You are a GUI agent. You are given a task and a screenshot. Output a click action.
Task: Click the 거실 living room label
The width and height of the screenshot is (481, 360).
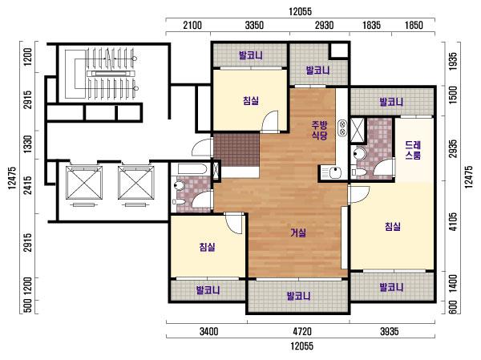pos(298,233)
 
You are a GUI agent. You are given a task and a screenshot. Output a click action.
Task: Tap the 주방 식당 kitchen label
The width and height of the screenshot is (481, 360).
pos(319,130)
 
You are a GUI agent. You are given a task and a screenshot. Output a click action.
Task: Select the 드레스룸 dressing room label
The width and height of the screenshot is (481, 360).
pos(413,150)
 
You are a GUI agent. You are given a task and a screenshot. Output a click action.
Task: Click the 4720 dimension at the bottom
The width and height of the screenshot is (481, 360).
pos(302,331)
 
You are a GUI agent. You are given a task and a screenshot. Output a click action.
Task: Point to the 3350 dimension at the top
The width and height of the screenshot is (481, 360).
pos(254,25)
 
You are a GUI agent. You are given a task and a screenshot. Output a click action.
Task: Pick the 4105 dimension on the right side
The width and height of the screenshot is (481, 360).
pos(452,221)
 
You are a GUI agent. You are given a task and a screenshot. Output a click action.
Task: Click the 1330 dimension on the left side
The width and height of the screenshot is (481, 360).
pos(27,144)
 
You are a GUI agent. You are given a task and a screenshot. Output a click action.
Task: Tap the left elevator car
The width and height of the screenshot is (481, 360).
pos(84,184)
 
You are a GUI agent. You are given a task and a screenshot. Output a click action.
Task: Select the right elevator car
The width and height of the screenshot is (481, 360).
pos(136,184)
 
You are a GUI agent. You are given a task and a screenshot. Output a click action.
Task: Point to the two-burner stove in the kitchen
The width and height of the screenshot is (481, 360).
pos(342,128)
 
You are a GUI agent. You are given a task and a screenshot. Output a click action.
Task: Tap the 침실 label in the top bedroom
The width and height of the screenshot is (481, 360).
pos(251,100)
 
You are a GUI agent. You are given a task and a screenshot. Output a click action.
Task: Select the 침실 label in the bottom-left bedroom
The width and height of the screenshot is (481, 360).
pos(207,247)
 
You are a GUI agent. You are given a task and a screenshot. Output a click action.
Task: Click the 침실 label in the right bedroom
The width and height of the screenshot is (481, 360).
pos(393,226)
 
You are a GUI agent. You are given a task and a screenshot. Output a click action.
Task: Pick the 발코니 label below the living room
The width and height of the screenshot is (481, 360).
pos(298,296)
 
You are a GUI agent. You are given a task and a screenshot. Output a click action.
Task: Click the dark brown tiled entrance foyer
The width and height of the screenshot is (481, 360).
pos(236,150)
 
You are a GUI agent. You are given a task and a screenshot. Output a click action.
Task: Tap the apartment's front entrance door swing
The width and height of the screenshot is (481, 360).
pos(203,147)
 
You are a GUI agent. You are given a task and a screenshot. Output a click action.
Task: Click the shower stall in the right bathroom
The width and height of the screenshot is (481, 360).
pos(358,130)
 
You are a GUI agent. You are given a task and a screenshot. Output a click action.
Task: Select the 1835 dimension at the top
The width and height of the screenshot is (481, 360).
pos(371,25)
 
